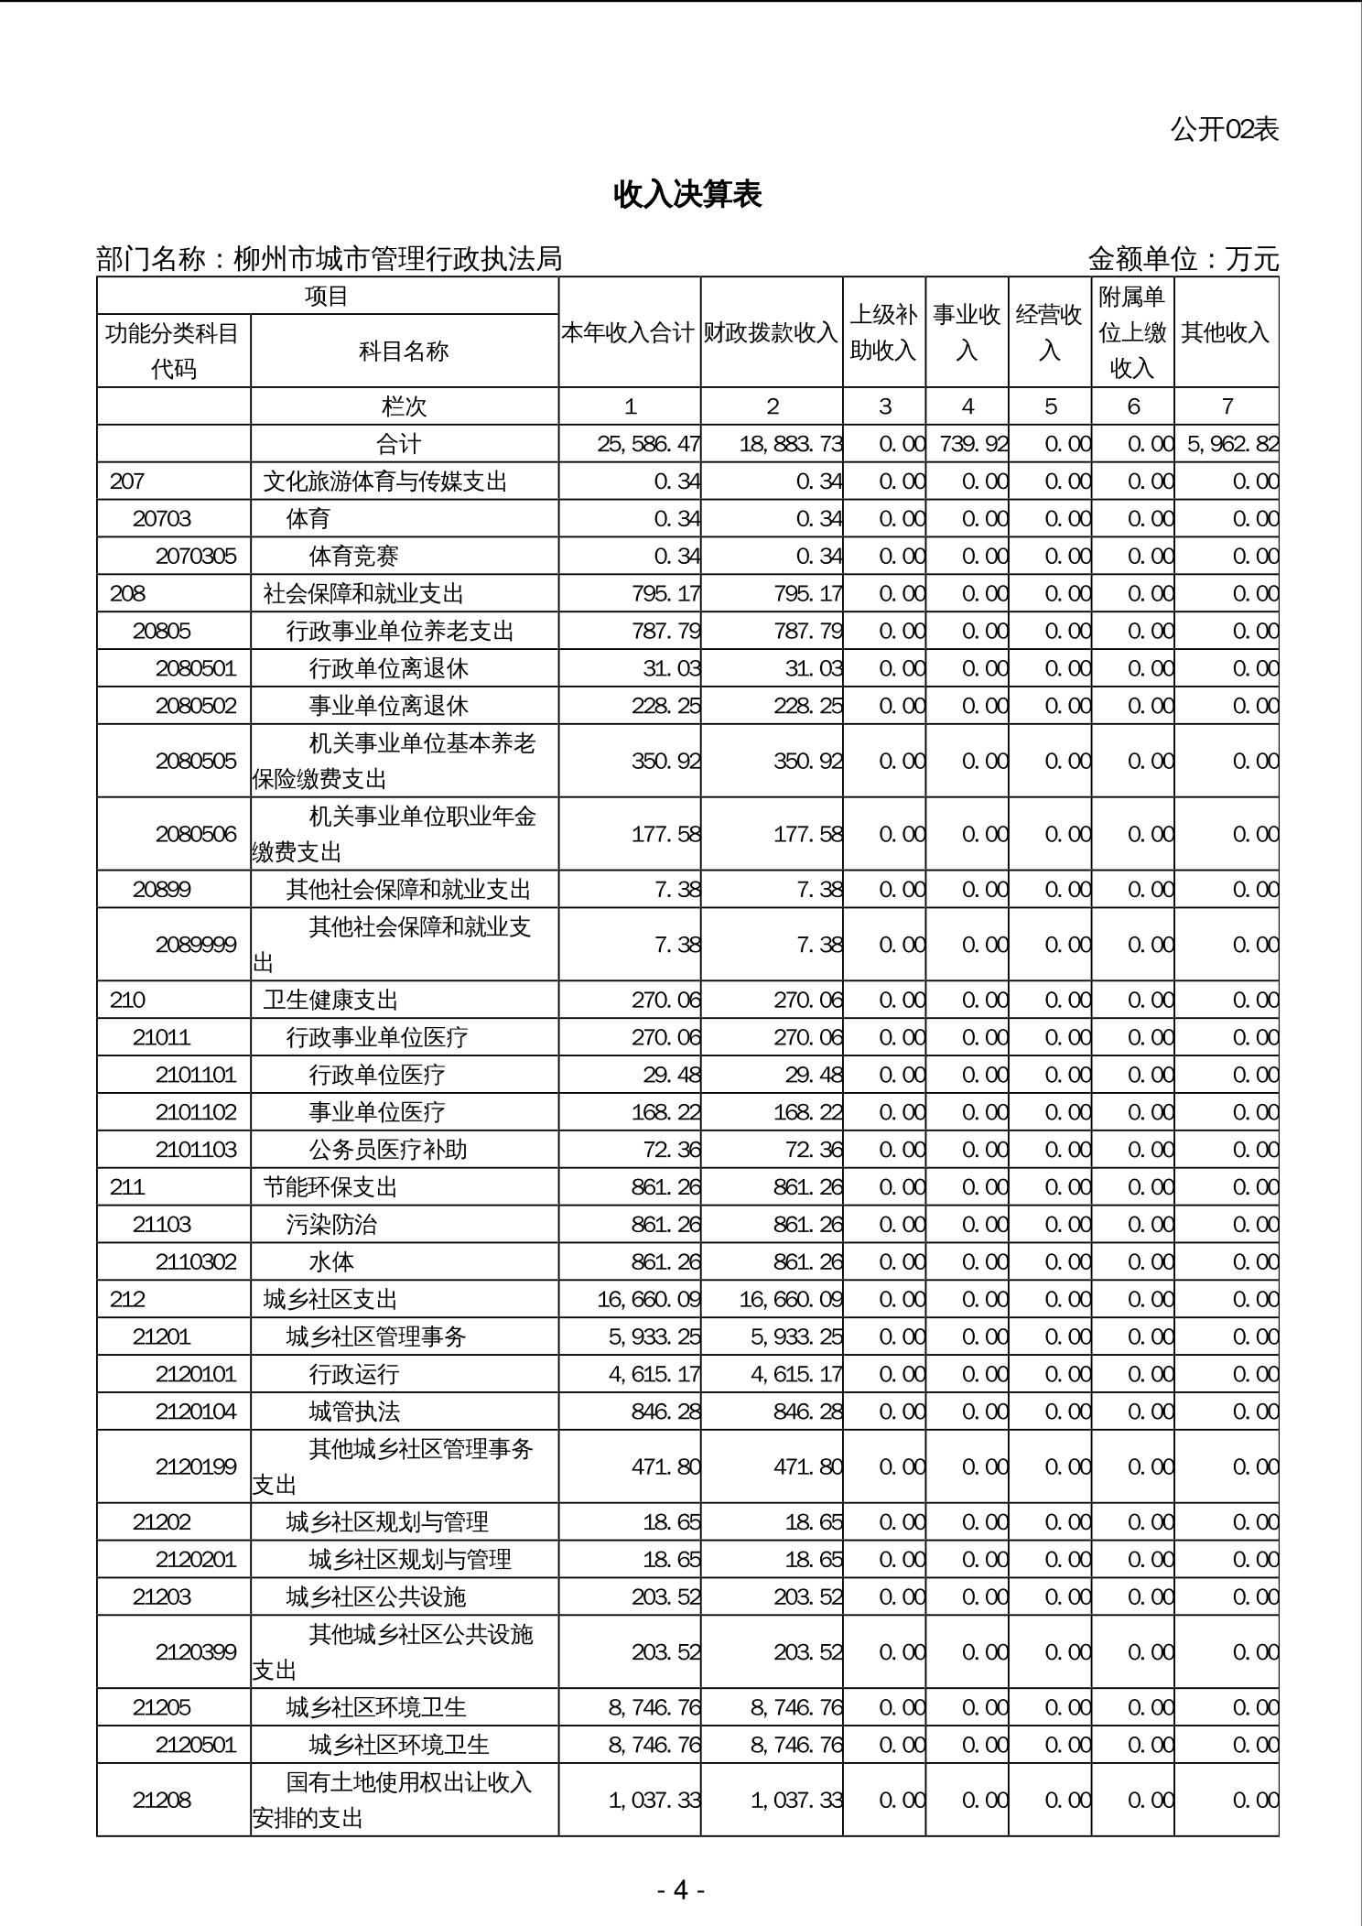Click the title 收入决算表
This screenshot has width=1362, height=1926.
click(687, 194)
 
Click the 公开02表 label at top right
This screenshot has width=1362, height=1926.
click(1224, 129)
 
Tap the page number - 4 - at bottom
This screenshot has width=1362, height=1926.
click(680, 1889)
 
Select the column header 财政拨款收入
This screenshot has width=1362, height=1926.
click(771, 332)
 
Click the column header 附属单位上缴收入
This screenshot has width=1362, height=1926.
click(1132, 332)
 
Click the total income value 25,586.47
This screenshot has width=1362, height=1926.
click(648, 444)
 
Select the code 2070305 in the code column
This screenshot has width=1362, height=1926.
click(196, 556)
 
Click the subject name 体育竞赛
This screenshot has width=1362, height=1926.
click(353, 556)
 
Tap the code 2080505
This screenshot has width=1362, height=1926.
click(196, 761)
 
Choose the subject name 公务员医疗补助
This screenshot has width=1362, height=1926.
click(388, 1149)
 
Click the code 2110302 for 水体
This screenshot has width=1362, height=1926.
click(196, 1261)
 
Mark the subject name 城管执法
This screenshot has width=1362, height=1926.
click(354, 1411)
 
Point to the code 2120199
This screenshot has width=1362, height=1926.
click(196, 1466)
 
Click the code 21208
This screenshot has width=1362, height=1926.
click(162, 1800)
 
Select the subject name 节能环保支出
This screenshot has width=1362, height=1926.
click(330, 1187)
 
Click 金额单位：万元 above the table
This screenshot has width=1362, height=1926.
click(1183, 259)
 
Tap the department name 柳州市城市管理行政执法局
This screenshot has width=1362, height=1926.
click(398, 259)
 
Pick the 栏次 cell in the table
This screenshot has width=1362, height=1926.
click(404, 406)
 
